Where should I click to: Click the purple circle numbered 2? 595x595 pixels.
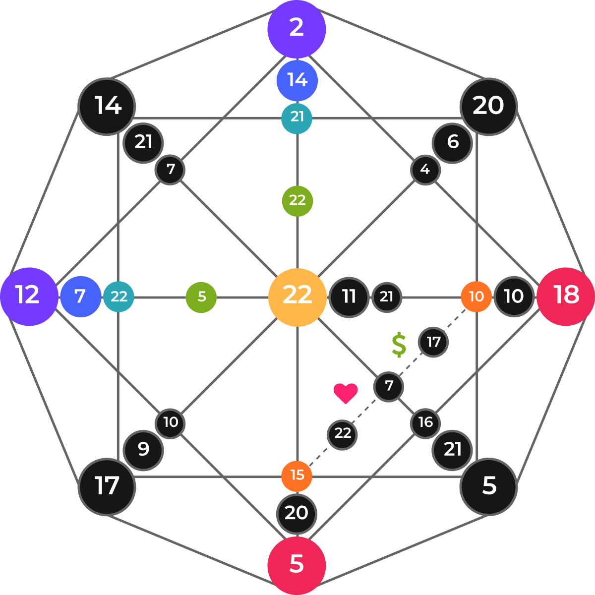pos(297,29)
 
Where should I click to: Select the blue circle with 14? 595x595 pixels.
pos(297,80)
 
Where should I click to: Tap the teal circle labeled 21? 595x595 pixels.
pos(297,118)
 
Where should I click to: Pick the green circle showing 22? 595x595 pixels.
pos(297,201)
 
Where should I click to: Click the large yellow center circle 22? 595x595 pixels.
pos(297,297)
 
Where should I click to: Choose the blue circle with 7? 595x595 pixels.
pos(80,297)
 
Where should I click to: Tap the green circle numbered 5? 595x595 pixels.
pos(201,297)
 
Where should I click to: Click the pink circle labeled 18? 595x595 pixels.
pos(566,296)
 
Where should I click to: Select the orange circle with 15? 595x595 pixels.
pos(297,476)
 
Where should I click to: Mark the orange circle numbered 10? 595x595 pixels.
pos(476,297)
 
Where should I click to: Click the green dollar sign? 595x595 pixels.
pos(399,345)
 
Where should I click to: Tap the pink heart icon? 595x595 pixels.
pos(346,393)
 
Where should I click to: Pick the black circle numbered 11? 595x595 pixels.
pos(349,297)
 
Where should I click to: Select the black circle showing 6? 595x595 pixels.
pos(452,143)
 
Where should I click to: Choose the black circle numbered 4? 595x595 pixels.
pos(425,170)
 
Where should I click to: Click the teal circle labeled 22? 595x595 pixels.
pos(119,297)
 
